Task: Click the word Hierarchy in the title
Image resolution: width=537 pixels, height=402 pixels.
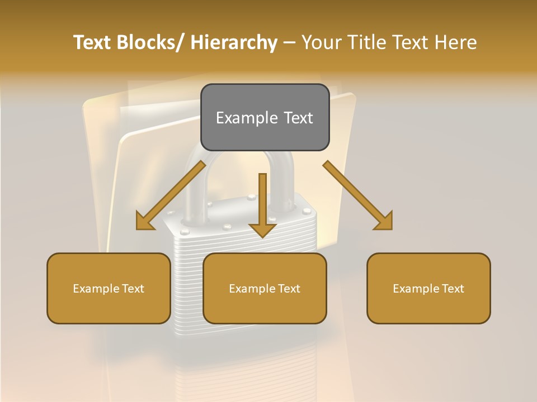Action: pos(233,42)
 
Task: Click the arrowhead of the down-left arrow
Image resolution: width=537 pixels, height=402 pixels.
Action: pos(144,222)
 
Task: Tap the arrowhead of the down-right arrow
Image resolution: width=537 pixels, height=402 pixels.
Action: pos(384,222)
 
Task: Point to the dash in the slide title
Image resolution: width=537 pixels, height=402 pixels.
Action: pos(289,43)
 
